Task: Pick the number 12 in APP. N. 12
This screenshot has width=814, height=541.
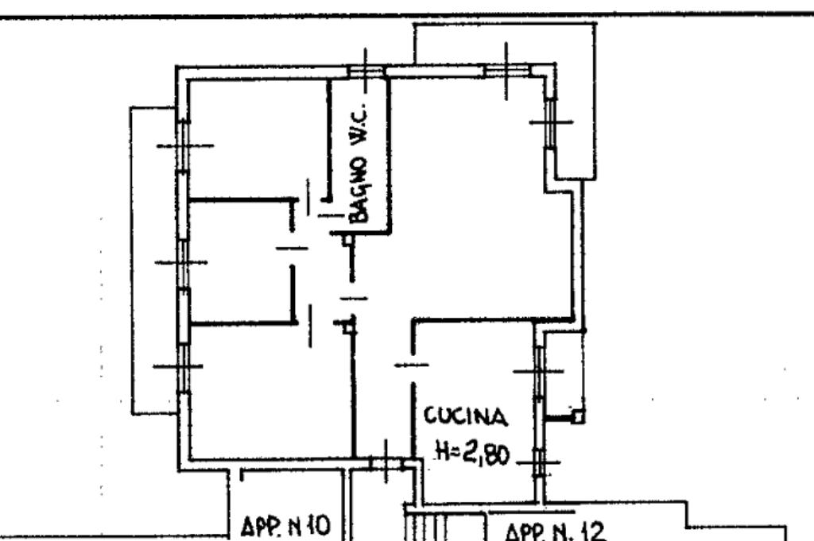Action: pos(590,529)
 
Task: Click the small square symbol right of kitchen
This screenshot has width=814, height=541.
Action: pos(578,415)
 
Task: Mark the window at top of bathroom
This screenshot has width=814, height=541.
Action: pos(366,71)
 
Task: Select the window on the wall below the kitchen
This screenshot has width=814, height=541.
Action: pos(386,462)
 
